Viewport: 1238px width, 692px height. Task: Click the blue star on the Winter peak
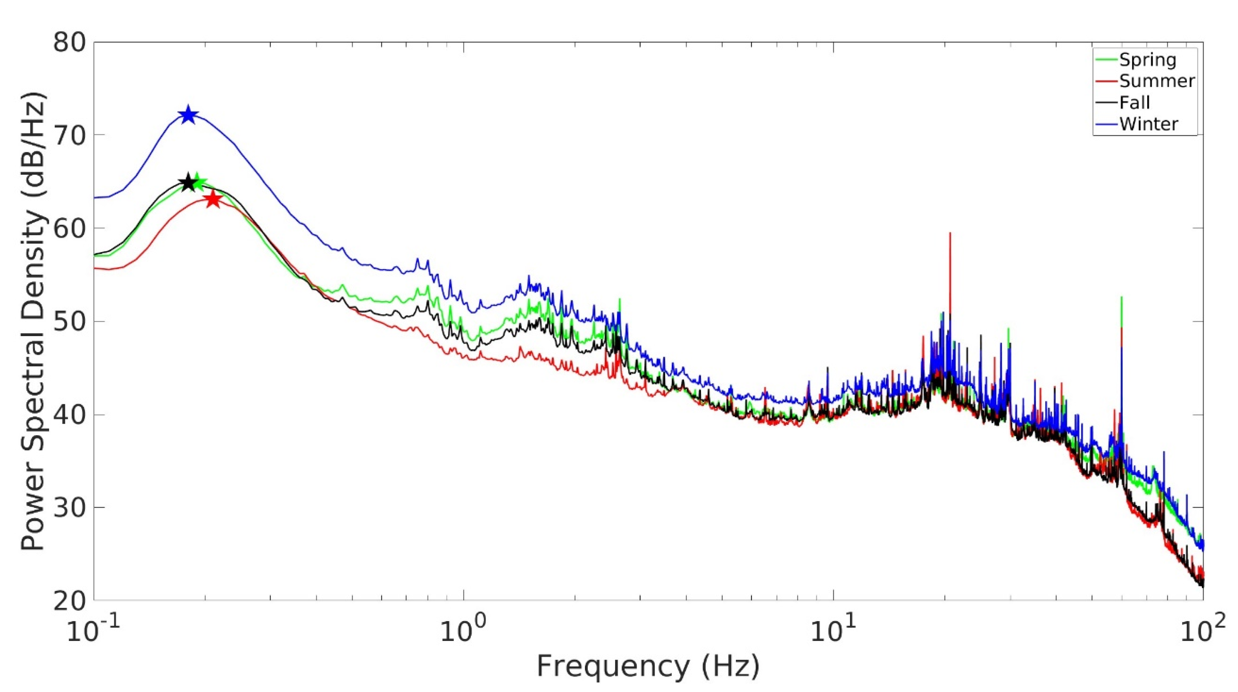(188, 115)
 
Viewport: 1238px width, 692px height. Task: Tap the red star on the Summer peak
(213, 199)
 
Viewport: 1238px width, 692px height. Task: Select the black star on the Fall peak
(188, 183)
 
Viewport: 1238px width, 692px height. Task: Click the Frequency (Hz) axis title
(648, 667)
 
